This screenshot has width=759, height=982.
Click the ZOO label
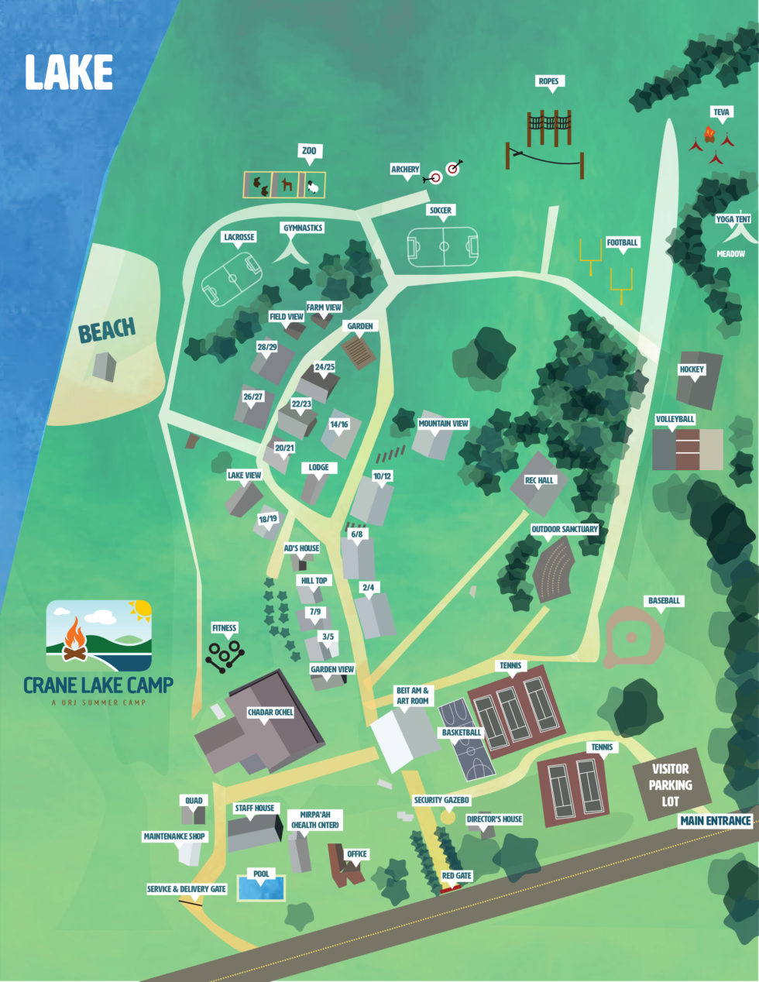[x=309, y=150]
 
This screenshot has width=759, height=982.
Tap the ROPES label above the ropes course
[x=548, y=81]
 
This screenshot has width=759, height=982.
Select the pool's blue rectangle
[x=261, y=888]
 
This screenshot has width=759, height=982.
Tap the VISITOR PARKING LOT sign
[x=671, y=785]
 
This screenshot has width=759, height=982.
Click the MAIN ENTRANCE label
[x=716, y=820]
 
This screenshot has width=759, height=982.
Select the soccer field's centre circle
[x=444, y=246]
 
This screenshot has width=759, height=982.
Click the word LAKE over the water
[x=69, y=73]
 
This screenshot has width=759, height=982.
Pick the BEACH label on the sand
[x=106, y=331]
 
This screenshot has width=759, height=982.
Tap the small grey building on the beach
[x=104, y=366]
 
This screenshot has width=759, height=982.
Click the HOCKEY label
[x=692, y=369]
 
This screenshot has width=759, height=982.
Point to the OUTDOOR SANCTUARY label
[x=565, y=529]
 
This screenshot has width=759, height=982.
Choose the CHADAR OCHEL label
[x=270, y=712]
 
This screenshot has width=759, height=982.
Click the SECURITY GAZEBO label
[x=441, y=800]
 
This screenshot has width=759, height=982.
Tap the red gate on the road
[x=449, y=888]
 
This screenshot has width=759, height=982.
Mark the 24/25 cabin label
[x=325, y=366]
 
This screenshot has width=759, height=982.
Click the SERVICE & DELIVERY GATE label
[x=187, y=889]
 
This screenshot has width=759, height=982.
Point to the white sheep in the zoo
[x=313, y=187]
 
